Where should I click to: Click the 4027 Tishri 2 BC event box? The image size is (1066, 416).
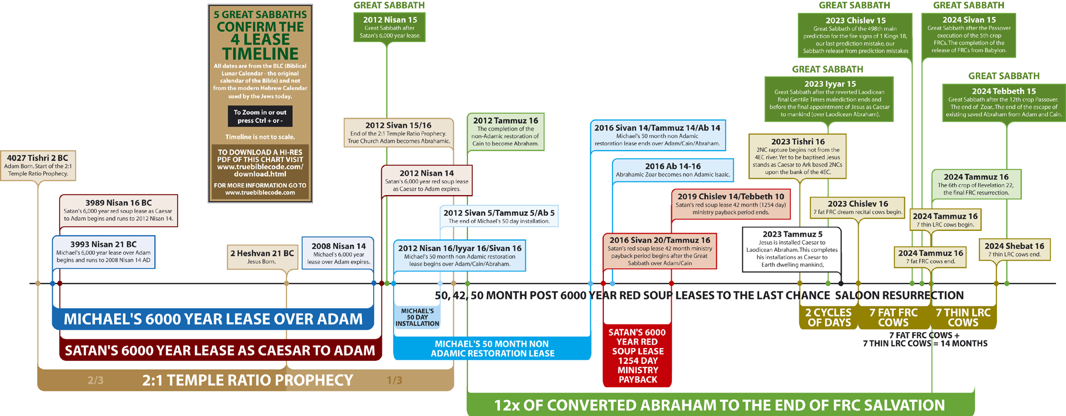38,165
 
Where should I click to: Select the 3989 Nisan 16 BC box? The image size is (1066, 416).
118,210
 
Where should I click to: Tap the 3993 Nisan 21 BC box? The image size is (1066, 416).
104,252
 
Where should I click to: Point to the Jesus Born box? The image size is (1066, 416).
261,257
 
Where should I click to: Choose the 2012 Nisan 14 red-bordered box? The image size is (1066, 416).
426,180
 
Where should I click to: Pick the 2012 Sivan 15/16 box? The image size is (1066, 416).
398,133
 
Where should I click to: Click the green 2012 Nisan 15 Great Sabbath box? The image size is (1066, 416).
389,28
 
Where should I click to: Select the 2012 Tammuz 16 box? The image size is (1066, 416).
505,132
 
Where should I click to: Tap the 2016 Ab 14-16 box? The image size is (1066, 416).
673,170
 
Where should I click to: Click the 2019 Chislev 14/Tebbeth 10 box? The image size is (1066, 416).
730,204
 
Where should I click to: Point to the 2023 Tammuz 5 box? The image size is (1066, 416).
792,250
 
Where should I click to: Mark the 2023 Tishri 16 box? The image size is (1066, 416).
797,156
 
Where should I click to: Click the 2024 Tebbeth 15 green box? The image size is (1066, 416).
1003,103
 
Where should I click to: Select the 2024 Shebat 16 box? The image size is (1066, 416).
1014,250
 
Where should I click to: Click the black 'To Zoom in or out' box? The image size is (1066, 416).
260,116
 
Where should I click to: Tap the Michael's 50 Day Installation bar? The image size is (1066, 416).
417,318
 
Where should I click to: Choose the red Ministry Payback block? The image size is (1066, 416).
637,356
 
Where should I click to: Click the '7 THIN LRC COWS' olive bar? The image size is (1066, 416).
963,318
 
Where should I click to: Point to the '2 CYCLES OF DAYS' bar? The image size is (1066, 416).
828,318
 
